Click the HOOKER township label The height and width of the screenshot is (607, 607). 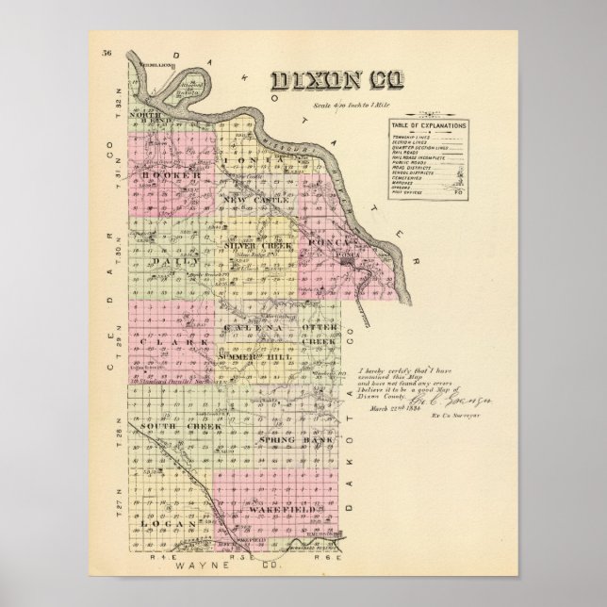[172, 176]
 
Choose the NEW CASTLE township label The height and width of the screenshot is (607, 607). [252, 200]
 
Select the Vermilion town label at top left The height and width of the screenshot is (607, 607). [155, 64]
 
